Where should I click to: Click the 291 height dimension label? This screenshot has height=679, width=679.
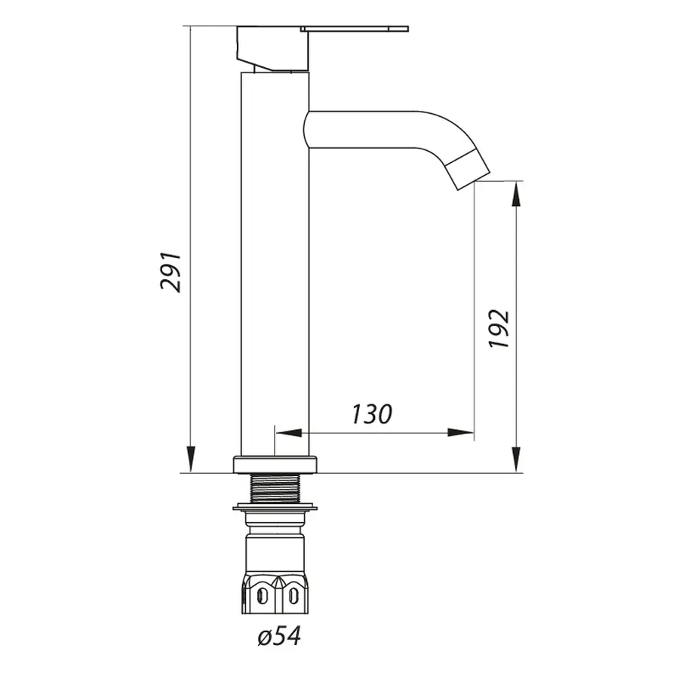pyautogui.click(x=171, y=271)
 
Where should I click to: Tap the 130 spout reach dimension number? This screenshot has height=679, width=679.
pyautogui.click(x=371, y=413)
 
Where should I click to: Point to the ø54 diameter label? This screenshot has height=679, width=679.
pyautogui.click(x=278, y=637)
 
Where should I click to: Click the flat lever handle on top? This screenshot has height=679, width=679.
pyautogui.click(x=355, y=29)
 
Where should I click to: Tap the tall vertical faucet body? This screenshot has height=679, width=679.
pyautogui.click(x=275, y=264)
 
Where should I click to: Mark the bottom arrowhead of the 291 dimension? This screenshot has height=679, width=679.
pyautogui.click(x=190, y=460)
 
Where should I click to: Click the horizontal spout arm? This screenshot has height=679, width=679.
pyautogui.click(x=370, y=128)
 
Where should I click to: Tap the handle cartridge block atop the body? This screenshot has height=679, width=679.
pyautogui.click(x=272, y=49)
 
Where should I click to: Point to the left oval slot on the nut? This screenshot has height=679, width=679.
pyautogui.click(x=262, y=596)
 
